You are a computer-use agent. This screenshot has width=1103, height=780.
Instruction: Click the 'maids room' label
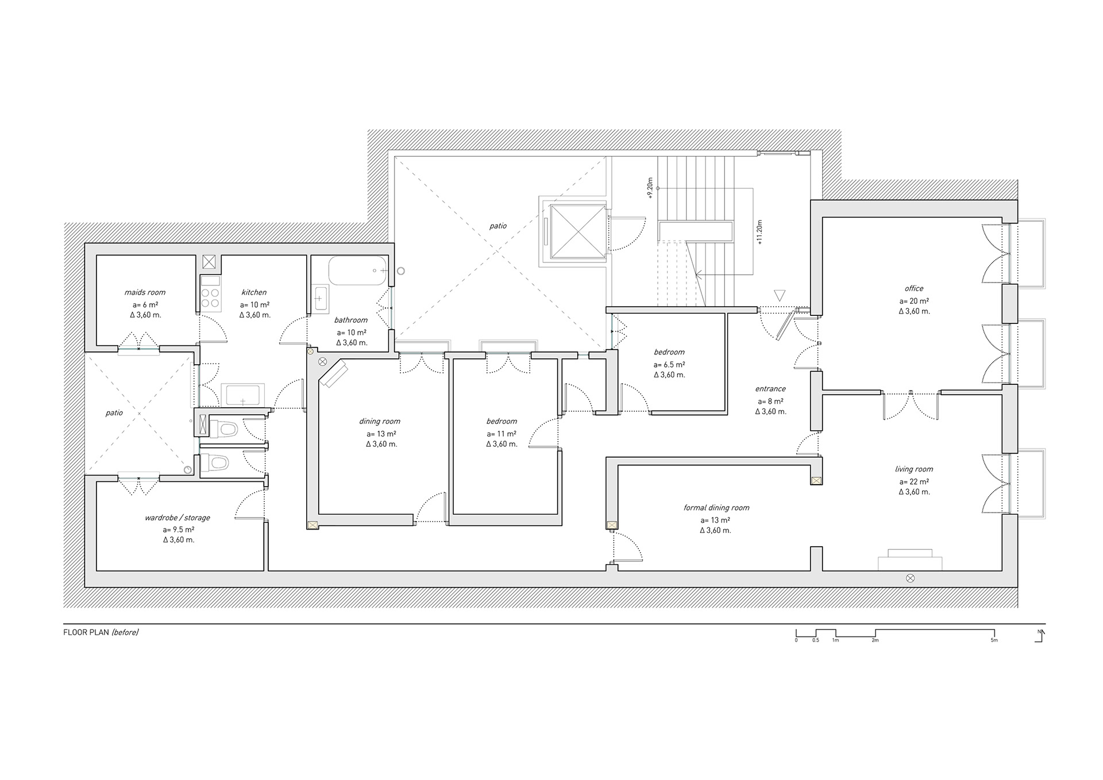click(145, 292)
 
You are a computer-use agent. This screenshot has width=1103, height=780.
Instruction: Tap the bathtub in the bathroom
click(357, 271)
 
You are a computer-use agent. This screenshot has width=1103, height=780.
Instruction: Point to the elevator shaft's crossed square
click(577, 231)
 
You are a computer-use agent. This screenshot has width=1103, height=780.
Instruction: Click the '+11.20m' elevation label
click(759, 233)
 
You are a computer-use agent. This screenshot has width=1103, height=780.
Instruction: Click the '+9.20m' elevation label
click(650, 188)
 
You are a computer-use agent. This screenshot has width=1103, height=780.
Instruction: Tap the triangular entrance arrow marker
click(780, 296)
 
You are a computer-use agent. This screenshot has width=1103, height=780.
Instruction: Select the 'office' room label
click(914, 288)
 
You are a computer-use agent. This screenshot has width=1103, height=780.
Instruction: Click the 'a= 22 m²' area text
click(914, 482)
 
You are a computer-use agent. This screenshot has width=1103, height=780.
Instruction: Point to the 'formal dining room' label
click(716, 508)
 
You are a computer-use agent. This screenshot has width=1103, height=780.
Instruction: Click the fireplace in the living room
click(910, 560)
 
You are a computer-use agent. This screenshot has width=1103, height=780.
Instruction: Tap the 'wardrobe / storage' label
click(178, 518)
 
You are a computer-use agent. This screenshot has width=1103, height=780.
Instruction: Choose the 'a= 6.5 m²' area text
click(669, 365)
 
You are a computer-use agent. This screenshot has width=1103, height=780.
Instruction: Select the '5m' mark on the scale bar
click(994, 640)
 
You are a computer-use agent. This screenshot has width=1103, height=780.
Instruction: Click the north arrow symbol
click(1040, 635)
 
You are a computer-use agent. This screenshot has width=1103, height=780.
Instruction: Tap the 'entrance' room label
click(770, 389)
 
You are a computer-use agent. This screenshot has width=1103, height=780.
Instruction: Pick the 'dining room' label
click(380, 422)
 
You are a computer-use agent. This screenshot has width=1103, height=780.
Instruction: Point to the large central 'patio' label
click(498, 226)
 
